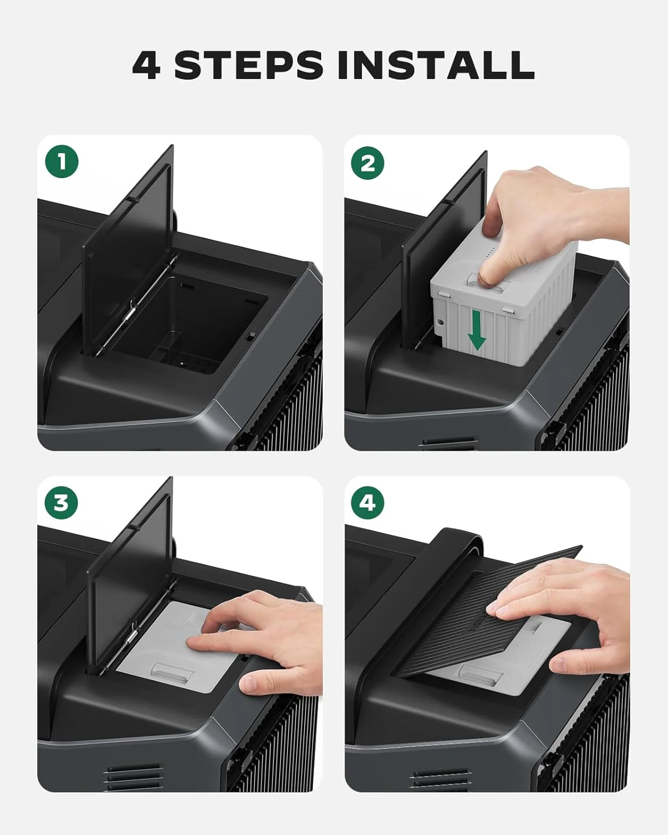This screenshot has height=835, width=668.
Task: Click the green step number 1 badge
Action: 62,162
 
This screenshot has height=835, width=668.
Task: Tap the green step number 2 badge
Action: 367,163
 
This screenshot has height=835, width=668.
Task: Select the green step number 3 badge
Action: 61,503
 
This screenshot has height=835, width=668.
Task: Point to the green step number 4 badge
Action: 367,503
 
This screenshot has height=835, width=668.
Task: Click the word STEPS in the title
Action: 248,66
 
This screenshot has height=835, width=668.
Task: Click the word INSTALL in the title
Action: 436,66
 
